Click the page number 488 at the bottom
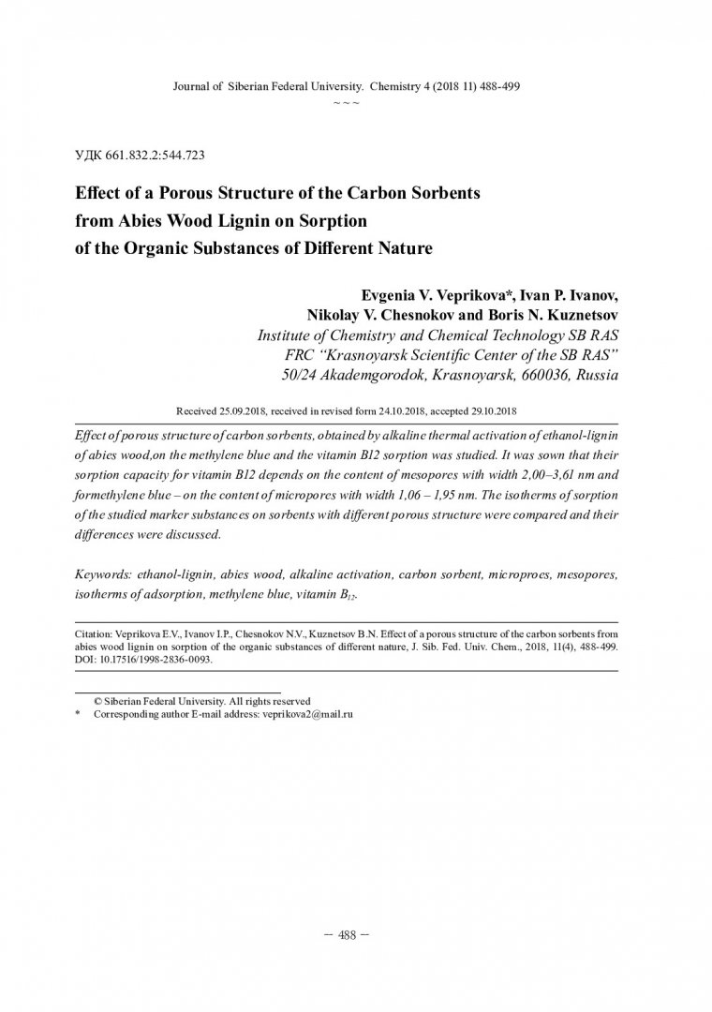coord(348,938)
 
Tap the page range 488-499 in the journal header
coord(494,85)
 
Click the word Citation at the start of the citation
coord(93,632)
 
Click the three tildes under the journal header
coord(348,101)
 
